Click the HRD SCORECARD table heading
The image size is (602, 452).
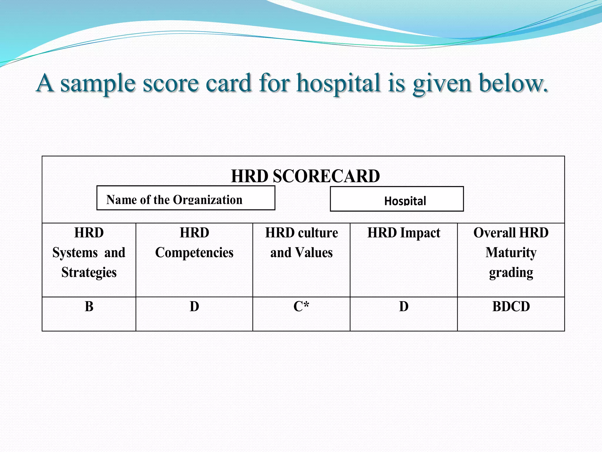pyautogui.click(x=305, y=176)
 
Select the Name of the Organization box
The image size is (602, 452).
pyautogui.click(x=186, y=198)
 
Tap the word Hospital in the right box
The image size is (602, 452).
pyautogui.click(x=405, y=201)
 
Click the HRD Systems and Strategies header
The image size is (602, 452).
pyautogui.click(x=89, y=252)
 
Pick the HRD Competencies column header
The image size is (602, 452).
pyautogui.click(x=194, y=242)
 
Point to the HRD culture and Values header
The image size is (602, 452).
pyautogui.click(x=301, y=242)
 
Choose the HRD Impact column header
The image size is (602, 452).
pyautogui.click(x=404, y=233)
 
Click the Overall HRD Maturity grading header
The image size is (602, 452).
pyautogui.click(x=511, y=252)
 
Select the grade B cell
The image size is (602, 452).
pyautogui.click(x=89, y=307)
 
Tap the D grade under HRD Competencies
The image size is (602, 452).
pyautogui.click(x=194, y=307)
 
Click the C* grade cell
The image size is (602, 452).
pyautogui.click(x=301, y=307)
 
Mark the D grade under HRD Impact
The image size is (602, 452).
pyautogui.click(x=404, y=307)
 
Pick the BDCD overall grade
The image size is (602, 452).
pyautogui.click(x=511, y=307)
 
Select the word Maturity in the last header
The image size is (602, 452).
pyautogui.click(x=511, y=253)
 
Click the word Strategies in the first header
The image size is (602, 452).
pyautogui.click(x=89, y=272)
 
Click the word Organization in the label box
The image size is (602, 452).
pyautogui.click(x=208, y=200)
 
